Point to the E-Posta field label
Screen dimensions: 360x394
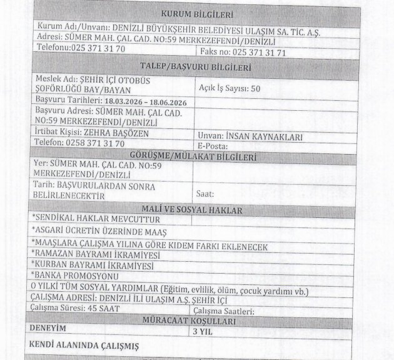click(211, 146)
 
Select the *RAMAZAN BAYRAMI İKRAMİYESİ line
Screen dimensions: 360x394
click(94, 255)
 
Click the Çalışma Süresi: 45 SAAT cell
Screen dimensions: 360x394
click(71, 309)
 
